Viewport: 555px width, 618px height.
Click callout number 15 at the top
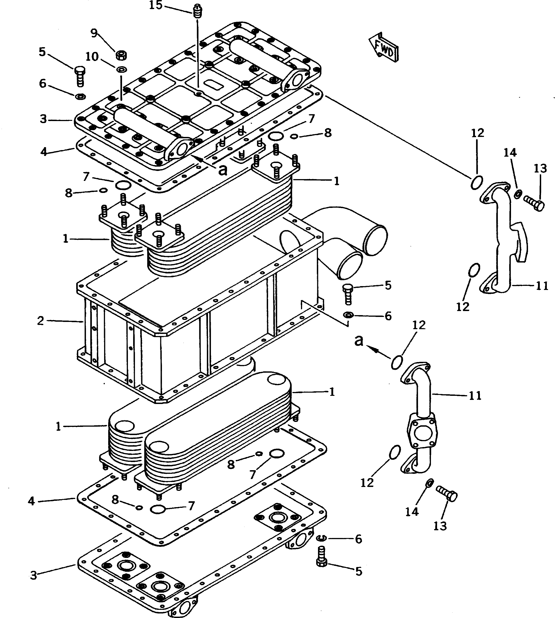[x=156, y=5]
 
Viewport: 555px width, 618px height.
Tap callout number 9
[x=94, y=33]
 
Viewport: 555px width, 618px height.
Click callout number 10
[x=92, y=57]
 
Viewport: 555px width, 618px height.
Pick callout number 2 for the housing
[x=41, y=321]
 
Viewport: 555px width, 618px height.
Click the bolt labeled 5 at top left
[x=80, y=76]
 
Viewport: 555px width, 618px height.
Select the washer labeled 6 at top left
[x=81, y=97]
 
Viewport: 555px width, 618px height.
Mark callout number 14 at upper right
[x=510, y=153]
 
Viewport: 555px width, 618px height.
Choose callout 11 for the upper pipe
[x=542, y=286]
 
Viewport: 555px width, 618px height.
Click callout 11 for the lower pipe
[x=475, y=396]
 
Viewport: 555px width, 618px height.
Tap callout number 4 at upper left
[x=44, y=151]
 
